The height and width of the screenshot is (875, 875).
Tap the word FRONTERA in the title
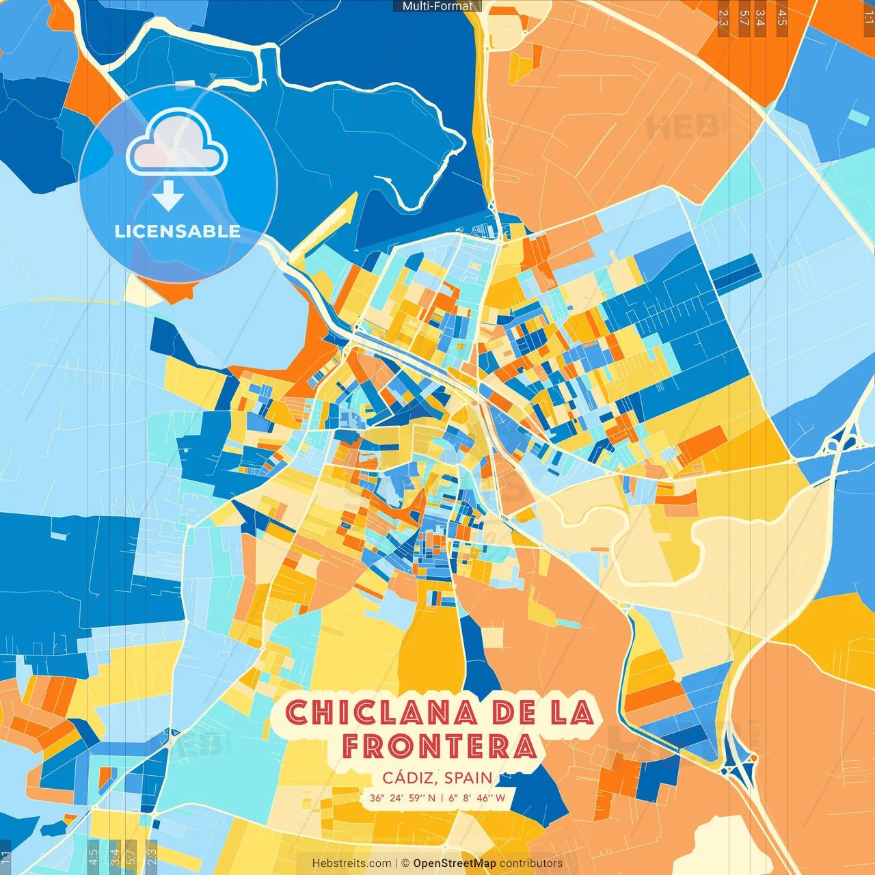pyautogui.click(x=440, y=746)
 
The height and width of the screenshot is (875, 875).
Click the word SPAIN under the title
pyautogui.click(x=468, y=778)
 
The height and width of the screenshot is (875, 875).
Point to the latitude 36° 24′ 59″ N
pyautogui.click(x=402, y=798)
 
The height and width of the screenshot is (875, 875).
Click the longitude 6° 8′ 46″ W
pyautogui.click(x=477, y=798)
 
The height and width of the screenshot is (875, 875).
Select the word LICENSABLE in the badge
pyautogui.click(x=178, y=231)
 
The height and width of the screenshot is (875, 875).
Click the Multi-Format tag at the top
pyautogui.click(x=437, y=6)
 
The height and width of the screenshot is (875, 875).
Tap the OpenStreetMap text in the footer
pyautogui.click(x=455, y=863)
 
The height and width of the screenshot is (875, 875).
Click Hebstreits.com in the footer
pyautogui.click(x=351, y=863)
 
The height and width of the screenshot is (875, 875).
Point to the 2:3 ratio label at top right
pyautogui.click(x=723, y=17)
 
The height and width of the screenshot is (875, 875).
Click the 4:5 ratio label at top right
pyautogui.click(x=782, y=17)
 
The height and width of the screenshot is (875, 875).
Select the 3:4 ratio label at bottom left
pyautogui.click(x=115, y=856)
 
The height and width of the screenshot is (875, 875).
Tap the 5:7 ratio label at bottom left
pyautogui.click(x=131, y=856)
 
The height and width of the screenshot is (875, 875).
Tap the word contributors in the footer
pyautogui.click(x=531, y=863)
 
